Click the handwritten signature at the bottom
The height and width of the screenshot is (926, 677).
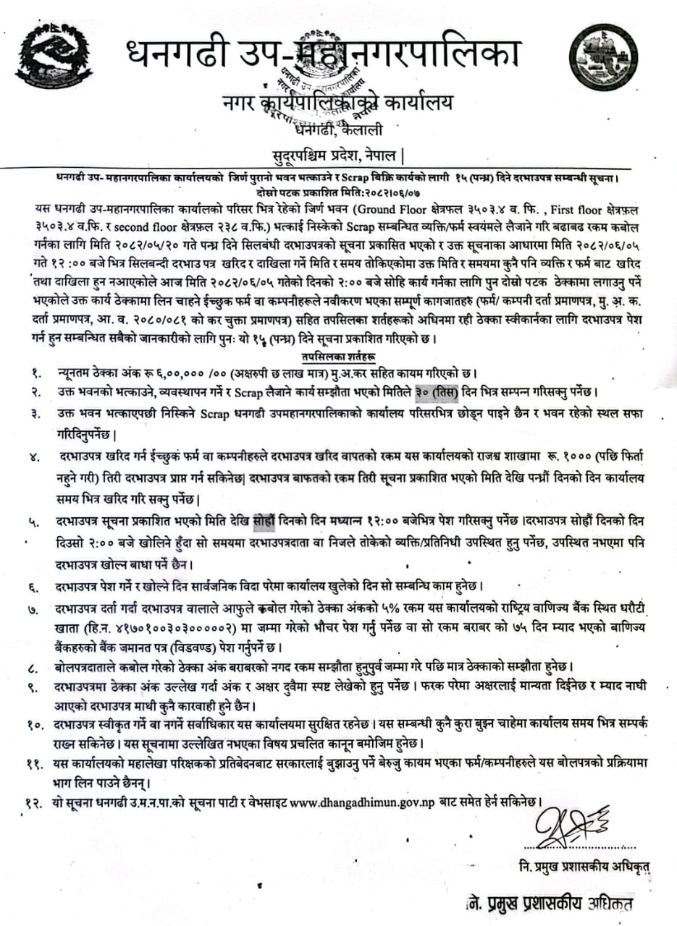coord(568,823)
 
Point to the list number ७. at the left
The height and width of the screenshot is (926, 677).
coord(33,610)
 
